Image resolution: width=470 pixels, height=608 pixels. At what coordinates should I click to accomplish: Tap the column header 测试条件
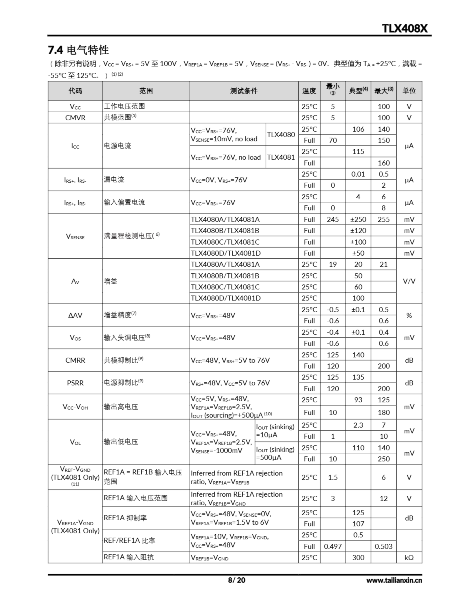coord(244,91)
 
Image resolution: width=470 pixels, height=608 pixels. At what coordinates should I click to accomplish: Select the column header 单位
coord(409,91)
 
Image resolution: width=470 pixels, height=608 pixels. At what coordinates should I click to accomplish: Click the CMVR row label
coord(75,118)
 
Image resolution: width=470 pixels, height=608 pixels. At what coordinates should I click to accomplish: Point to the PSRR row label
coord(75,383)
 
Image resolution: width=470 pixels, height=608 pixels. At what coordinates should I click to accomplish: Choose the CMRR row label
coord(75,360)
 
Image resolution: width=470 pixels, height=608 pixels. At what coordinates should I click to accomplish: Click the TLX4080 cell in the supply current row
coord(281,135)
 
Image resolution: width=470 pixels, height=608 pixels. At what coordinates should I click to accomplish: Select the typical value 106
coord(358,129)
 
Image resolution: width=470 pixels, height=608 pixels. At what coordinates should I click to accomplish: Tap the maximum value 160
coord(383,163)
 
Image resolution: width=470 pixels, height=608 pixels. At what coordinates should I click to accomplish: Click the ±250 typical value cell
coord(358,219)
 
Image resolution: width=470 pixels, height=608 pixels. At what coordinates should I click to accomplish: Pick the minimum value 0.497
coord(333,546)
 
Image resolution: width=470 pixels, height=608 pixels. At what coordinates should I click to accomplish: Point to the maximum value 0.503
coord(383,546)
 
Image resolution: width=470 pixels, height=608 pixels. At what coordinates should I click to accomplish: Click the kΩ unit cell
coord(409,557)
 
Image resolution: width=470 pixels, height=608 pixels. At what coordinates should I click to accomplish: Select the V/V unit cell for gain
coord(409,281)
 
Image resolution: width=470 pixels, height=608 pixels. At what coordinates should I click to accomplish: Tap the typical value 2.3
coord(358,425)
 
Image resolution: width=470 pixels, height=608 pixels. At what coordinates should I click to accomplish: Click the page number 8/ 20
coord(236,580)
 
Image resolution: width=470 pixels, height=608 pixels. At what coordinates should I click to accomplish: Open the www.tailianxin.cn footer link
coord(394,580)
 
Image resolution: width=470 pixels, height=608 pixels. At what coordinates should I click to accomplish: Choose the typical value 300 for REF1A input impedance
coord(358,557)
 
